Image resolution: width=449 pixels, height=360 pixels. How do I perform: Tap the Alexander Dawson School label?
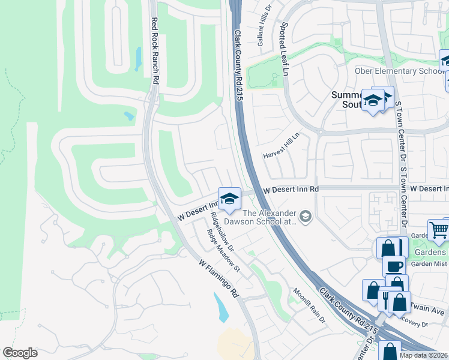click(270, 217)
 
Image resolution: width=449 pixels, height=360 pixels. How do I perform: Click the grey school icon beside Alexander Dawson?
click(306, 217)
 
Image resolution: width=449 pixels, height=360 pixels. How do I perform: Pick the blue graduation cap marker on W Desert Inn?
click(229, 199)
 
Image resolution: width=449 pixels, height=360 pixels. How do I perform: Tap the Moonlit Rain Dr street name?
click(309, 305)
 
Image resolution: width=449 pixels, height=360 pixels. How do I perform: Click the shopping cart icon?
click(439, 230)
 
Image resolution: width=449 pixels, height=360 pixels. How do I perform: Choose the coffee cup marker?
click(395, 266)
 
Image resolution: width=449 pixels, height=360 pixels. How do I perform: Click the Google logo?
click(20, 353)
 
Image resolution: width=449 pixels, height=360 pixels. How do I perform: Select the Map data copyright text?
click(423, 355)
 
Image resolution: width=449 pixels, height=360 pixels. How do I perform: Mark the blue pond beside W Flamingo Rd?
click(220, 307)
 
